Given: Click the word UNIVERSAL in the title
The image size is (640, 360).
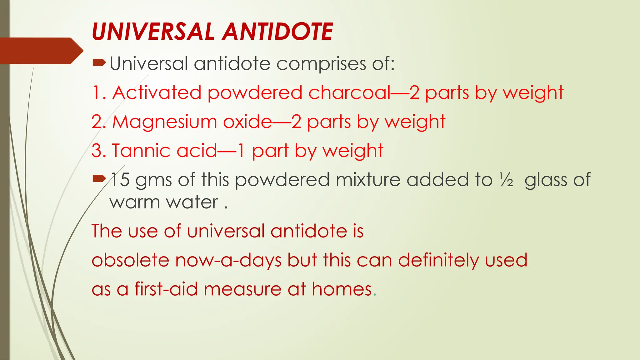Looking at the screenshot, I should tap(153, 32).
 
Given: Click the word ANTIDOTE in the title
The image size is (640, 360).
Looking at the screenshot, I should tap(278, 32).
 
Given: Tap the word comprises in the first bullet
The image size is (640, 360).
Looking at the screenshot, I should tap(321, 64).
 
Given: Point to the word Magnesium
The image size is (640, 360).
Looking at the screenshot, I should tap(164, 122).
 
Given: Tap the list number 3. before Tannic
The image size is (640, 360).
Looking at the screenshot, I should tap(99, 151).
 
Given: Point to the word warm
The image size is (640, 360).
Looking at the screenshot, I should tap(135, 202).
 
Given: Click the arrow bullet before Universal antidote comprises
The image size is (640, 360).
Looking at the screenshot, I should tap(99, 63).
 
